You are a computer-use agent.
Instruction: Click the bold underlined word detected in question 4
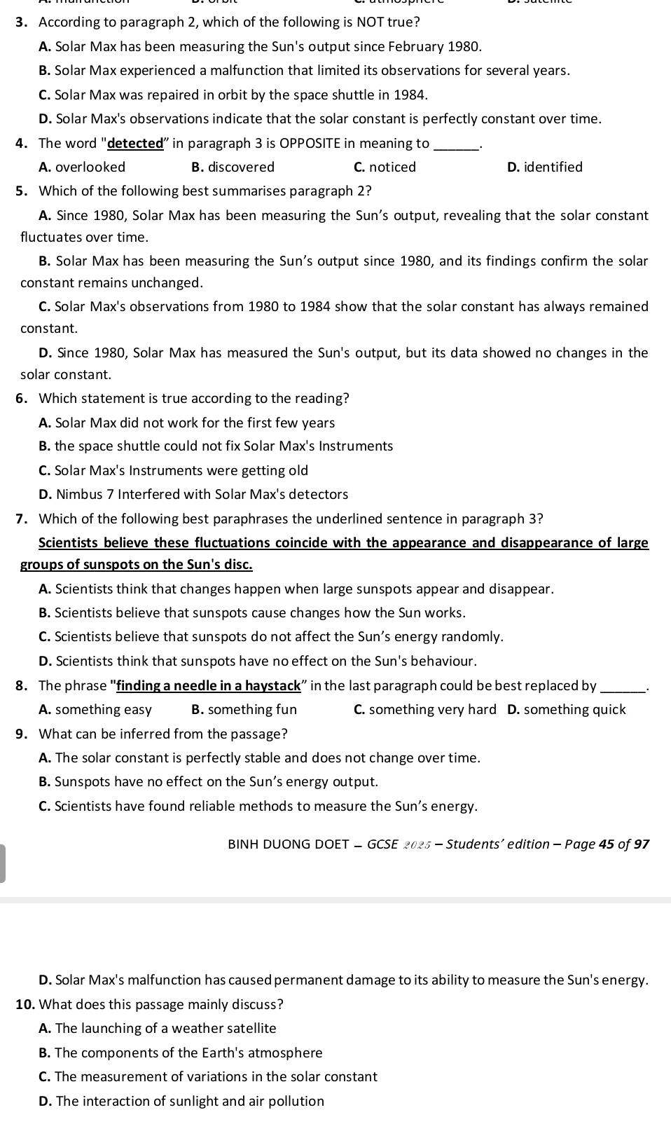[135, 144]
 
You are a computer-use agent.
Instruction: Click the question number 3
[21, 22]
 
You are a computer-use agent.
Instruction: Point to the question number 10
[25, 1004]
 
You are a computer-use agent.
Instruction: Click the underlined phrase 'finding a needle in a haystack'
[209, 685]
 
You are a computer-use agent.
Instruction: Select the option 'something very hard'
[432, 710]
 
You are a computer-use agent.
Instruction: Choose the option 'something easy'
[103, 710]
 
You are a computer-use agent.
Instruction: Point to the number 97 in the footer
[641, 844]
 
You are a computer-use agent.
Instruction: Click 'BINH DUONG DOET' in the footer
[288, 844]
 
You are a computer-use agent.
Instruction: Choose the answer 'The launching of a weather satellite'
[165, 1029]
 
